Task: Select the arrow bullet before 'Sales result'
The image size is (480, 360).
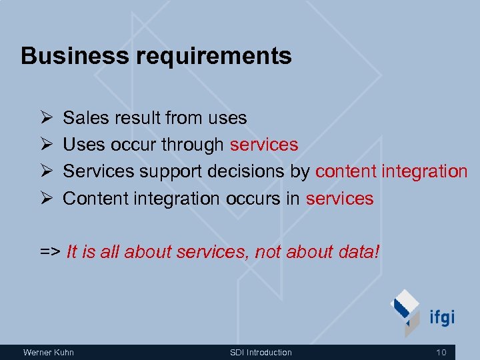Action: click(45, 118)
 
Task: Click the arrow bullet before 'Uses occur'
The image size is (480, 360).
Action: click(45, 145)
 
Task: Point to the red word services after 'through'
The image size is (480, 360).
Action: click(263, 145)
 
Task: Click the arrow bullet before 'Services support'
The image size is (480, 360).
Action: click(45, 171)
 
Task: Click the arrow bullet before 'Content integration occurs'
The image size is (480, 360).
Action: click(45, 198)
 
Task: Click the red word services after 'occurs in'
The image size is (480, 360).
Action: click(339, 198)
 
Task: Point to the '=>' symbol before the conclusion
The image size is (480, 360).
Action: click(50, 252)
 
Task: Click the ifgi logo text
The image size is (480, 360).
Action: click(441, 316)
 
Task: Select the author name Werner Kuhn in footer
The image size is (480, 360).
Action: click(49, 352)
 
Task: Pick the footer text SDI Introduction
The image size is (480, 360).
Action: click(261, 352)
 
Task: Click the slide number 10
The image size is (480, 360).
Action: click(441, 352)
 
